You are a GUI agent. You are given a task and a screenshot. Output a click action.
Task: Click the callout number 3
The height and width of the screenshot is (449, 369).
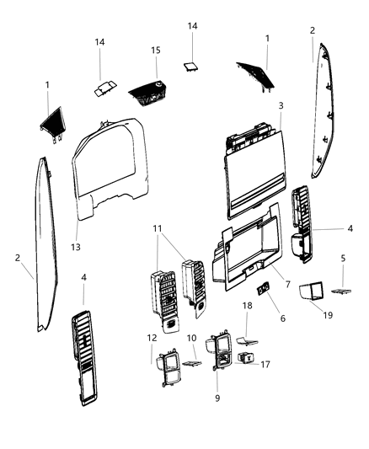281,107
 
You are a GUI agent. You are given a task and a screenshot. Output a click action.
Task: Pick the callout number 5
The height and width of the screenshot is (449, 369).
343,258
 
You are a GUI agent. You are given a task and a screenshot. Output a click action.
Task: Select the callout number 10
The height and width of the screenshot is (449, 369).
192,338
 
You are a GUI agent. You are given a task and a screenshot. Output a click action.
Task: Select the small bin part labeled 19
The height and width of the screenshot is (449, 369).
313,290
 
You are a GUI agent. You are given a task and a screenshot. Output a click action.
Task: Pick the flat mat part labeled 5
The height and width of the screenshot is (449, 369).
342,290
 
